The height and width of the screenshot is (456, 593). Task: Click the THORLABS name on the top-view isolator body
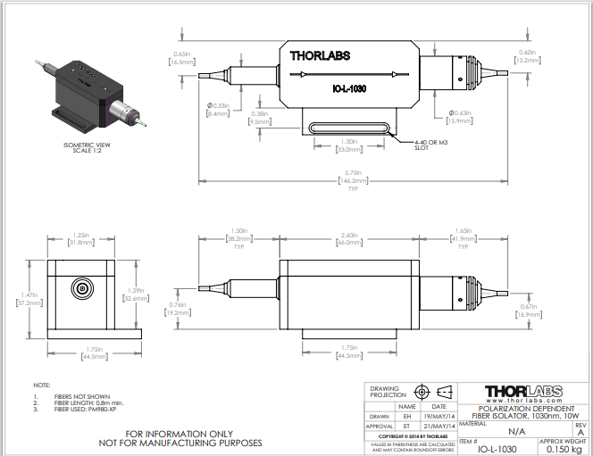coord(320,55)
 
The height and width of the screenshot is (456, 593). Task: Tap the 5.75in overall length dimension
coord(347,175)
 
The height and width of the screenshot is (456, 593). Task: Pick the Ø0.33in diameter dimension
coord(218,110)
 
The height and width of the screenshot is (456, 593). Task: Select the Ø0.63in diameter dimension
coord(461,116)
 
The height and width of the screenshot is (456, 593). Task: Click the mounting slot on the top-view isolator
coord(348,128)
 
